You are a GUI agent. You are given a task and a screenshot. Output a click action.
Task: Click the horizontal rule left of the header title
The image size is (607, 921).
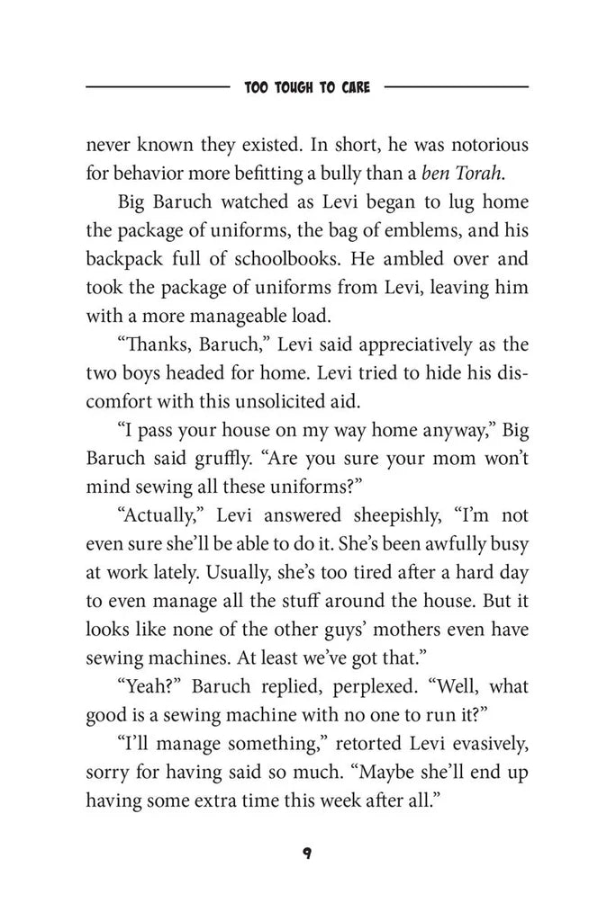coord(157,88)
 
